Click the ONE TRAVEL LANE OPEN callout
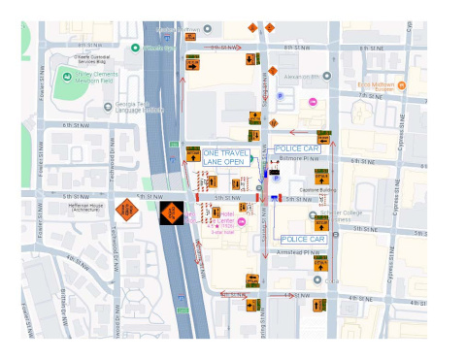click(223, 157)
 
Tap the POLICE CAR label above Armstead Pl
click(302, 238)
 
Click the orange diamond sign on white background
click(126, 209)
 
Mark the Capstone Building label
click(316, 190)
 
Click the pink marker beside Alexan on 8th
click(313, 102)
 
